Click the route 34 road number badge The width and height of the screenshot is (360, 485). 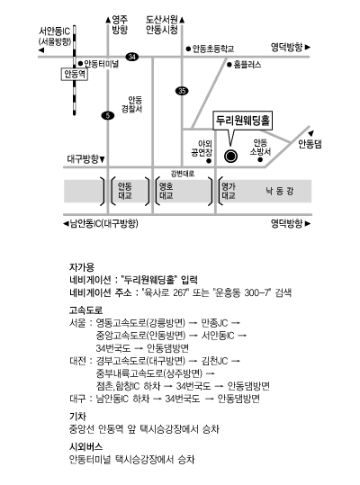[132, 57]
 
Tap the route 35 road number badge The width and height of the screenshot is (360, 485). [182, 91]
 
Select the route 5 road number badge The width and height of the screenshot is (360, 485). [108, 116]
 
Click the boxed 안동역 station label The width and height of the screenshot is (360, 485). [75, 74]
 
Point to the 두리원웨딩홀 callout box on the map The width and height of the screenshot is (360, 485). [243, 121]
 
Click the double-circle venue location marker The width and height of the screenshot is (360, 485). [230, 157]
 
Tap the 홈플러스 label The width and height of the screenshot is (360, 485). [247, 65]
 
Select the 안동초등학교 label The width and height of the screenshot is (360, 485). [213, 49]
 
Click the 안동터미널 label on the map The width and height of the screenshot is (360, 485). [101, 64]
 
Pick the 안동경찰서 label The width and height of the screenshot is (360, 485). [132, 104]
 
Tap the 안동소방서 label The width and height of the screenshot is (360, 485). [260, 147]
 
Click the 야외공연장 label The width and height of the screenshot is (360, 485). [202, 148]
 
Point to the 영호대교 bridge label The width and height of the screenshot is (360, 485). [166, 191]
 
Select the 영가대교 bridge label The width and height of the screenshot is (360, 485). [229, 191]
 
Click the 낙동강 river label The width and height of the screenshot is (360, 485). [280, 191]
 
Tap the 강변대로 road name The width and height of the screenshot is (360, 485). [183, 174]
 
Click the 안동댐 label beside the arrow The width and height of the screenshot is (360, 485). [310, 144]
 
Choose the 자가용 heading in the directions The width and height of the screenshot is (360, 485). [82, 267]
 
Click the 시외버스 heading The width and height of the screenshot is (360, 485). [85, 446]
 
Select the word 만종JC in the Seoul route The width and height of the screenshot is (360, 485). [214, 323]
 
